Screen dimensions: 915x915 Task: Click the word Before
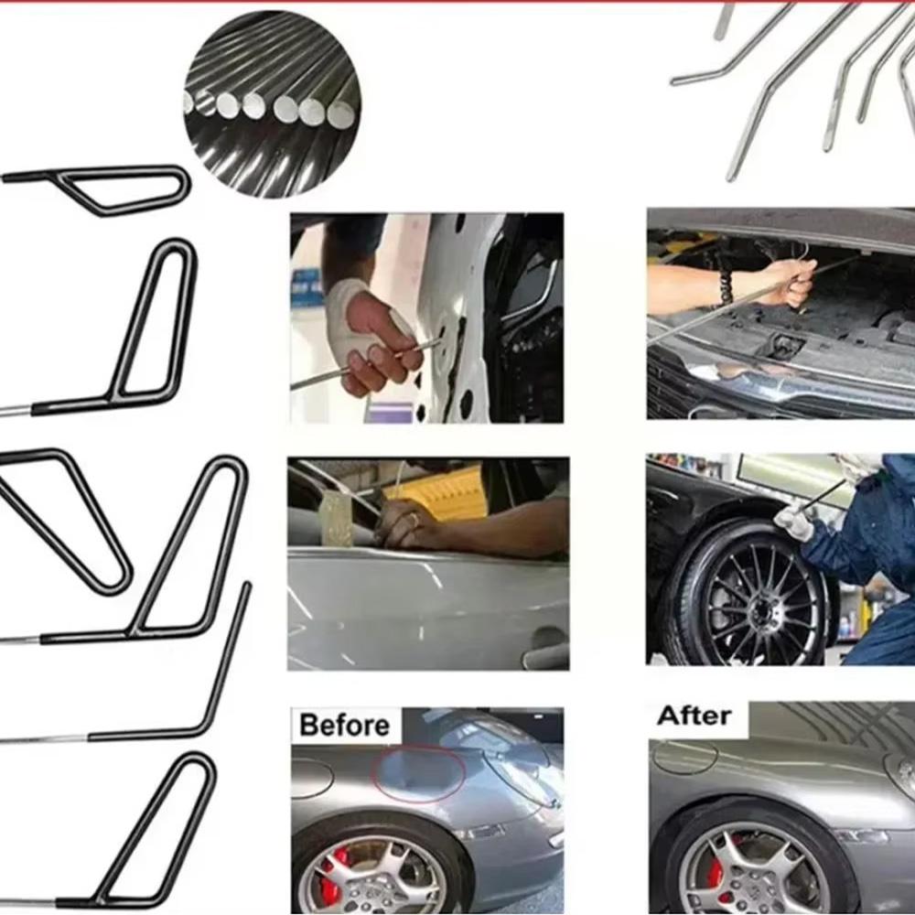click(344, 726)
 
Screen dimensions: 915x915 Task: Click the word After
click(694, 716)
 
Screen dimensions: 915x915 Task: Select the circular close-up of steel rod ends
click(272, 103)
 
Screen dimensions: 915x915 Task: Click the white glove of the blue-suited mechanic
click(793, 522)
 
